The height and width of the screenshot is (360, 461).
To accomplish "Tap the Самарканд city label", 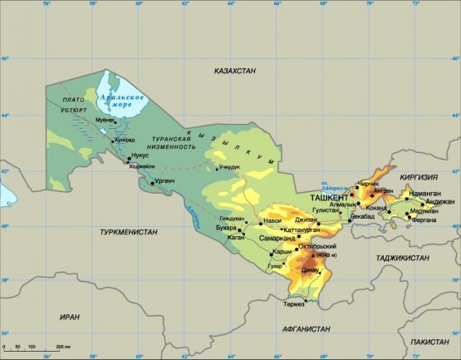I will (277, 238).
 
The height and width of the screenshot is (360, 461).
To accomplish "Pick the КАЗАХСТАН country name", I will (234, 72).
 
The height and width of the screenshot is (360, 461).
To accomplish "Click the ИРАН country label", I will (69, 316).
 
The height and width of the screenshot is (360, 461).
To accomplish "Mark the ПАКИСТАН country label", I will (429, 342).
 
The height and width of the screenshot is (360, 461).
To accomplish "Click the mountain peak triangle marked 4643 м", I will (313, 255).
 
